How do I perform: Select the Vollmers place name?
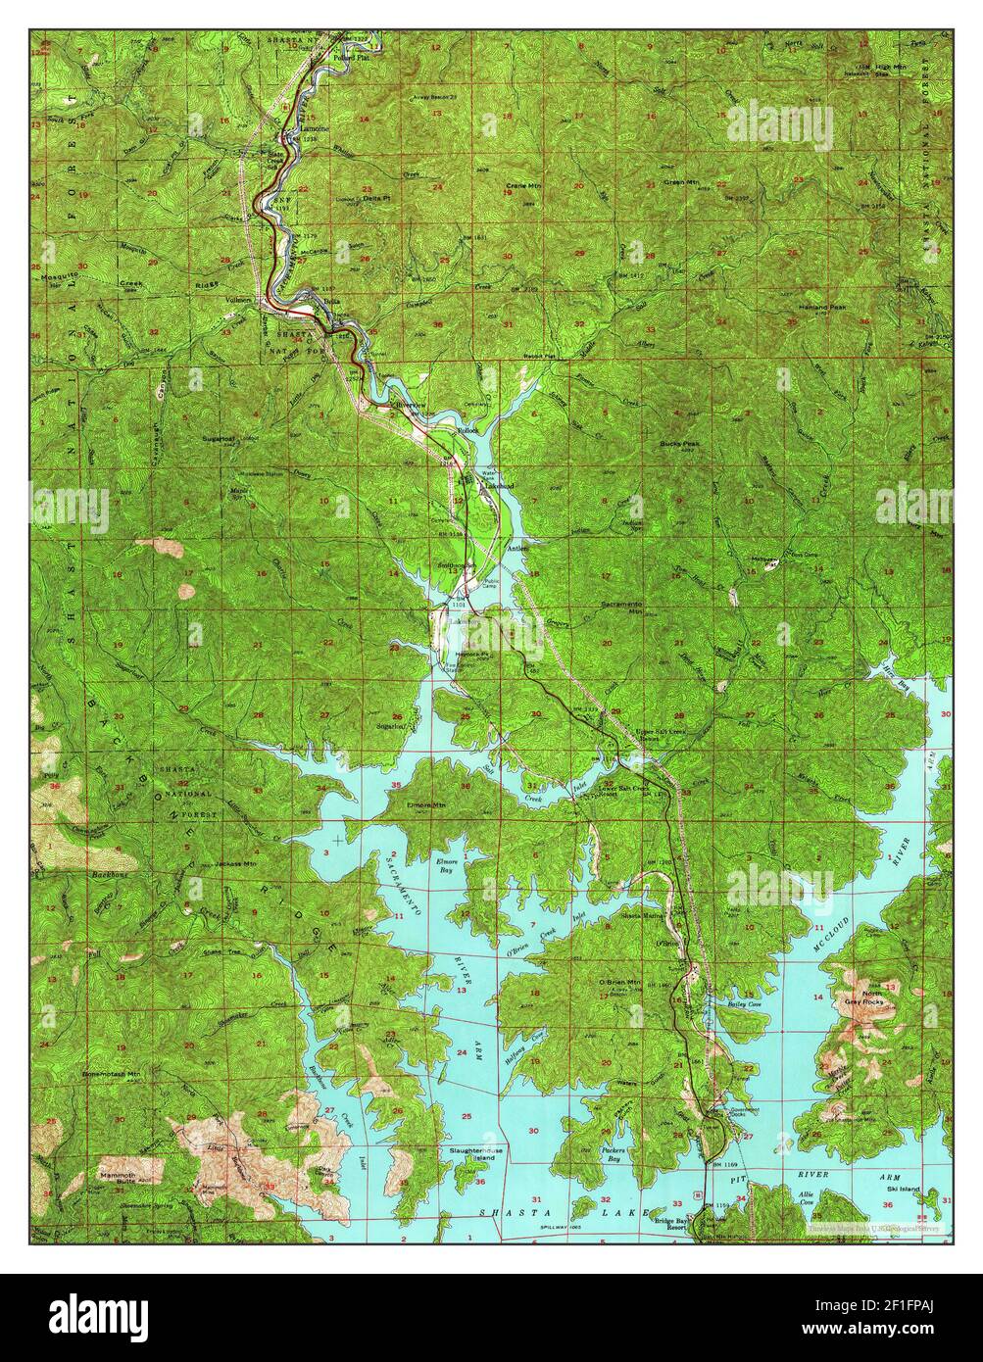(x=243, y=299)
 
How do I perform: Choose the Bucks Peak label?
(x=675, y=443)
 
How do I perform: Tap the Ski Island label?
(x=904, y=1189)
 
